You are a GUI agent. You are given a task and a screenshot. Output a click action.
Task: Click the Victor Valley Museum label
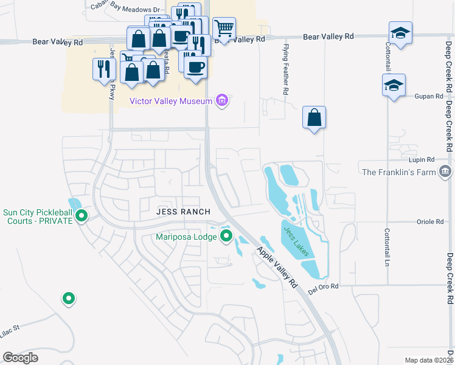pyautogui.click(x=170, y=100)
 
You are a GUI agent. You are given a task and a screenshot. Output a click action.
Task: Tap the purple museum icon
pyautogui.click(x=222, y=100)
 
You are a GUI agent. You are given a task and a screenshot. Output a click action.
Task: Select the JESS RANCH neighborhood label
pyautogui.click(x=183, y=212)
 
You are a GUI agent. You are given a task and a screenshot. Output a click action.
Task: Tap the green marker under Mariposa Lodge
pyautogui.click(x=226, y=236)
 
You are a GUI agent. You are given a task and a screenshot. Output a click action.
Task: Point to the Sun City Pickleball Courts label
pyautogui.click(x=38, y=217)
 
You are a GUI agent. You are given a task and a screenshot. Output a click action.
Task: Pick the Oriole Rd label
pyautogui.click(x=431, y=222)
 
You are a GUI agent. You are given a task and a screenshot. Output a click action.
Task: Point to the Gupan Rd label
pyautogui.click(x=429, y=96)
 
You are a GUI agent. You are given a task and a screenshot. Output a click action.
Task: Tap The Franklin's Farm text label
pyautogui.click(x=399, y=172)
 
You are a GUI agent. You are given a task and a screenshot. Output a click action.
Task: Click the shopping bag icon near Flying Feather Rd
pyautogui.click(x=314, y=117)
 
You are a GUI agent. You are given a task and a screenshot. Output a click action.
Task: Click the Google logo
pyautogui.click(x=20, y=357)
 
